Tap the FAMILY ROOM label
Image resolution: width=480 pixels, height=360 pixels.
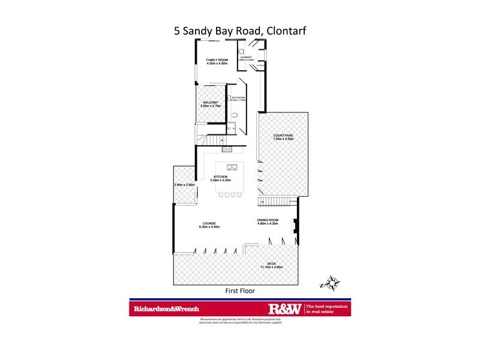pyautogui.click(x=217, y=60)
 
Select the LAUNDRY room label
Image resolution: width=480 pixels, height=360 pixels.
pyautogui.click(x=247, y=57)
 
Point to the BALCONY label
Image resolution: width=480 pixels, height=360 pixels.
pyautogui.click(x=211, y=103)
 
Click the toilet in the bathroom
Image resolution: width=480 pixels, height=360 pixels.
pyautogui.click(x=236, y=115)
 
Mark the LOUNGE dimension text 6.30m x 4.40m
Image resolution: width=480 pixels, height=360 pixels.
pyautogui.click(x=210, y=227)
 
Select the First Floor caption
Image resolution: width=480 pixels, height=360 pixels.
pyautogui.click(x=239, y=291)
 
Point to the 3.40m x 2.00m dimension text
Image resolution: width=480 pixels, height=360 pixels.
pyautogui.click(x=184, y=185)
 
